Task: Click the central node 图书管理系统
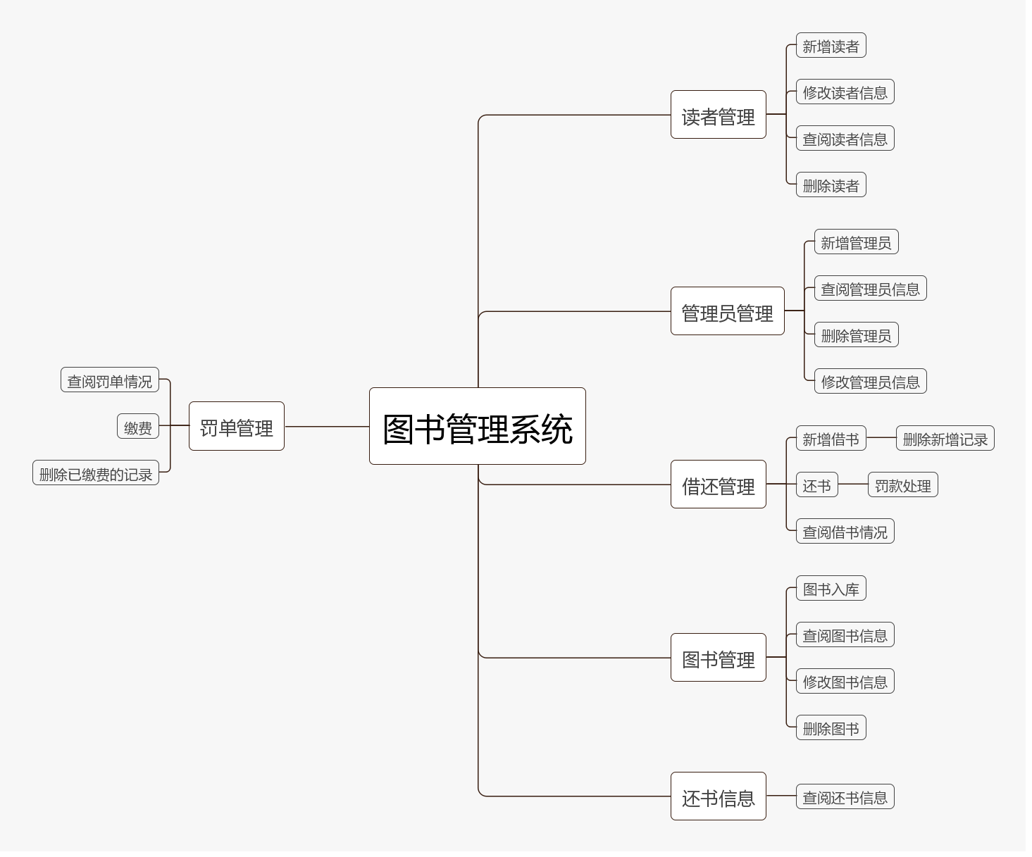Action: [477, 426]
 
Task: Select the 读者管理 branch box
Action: [718, 115]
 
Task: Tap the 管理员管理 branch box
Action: [727, 311]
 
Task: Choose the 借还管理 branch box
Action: [718, 484]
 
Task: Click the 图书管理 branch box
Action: [718, 658]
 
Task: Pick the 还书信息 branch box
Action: [718, 796]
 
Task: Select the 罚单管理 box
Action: [236, 426]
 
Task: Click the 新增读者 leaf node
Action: [831, 46]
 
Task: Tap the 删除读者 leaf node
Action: [831, 185]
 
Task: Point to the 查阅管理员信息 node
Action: [870, 289]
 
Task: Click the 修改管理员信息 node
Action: [870, 382]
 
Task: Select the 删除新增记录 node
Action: [945, 439]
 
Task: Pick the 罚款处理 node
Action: [902, 485]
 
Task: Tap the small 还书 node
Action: [816, 485]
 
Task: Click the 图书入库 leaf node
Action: [831, 589]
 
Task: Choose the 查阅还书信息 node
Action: [845, 797]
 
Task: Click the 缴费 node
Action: [138, 427]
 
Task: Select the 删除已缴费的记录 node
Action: [96, 473]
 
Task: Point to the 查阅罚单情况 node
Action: [109, 380]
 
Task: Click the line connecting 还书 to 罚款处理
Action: [853, 484]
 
